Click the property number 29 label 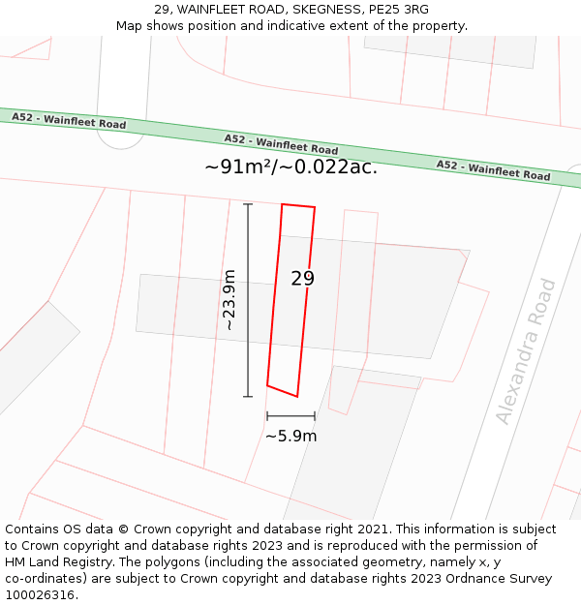click(303, 279)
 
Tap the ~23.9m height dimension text click(229, 300)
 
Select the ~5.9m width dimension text click(290, 436)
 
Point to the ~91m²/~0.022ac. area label click(290, 166)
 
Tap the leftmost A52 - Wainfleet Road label click(69, 121)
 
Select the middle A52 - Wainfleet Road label click(281, 144)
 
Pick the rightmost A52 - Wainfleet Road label click(493, 170)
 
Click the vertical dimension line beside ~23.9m click(248, 300)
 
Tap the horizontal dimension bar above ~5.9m click(290, 416)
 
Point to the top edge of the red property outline click(298, 205)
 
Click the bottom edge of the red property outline click(282, 391)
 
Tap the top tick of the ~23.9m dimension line click(248, 204)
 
